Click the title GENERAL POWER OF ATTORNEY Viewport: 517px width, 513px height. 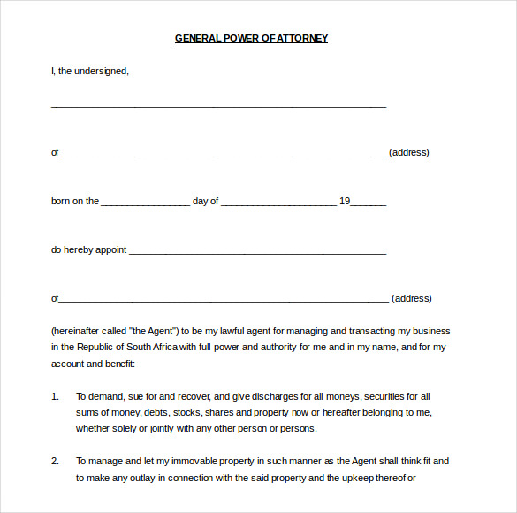(x=251, y=38)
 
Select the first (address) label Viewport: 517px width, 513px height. (x=408, y=152)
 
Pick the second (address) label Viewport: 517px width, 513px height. (x=411, y=298)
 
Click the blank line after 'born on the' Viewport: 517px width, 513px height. (x=145, y=203)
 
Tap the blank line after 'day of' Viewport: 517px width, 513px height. (x=278, y=203)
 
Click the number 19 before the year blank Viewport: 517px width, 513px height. (x=345, y=201)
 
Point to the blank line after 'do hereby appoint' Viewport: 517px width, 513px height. (x=257, y=251)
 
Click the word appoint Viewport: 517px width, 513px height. (x=110, y=249)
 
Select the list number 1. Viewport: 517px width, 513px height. (x=55, y=396)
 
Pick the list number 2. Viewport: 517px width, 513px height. (x=55, y=461)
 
